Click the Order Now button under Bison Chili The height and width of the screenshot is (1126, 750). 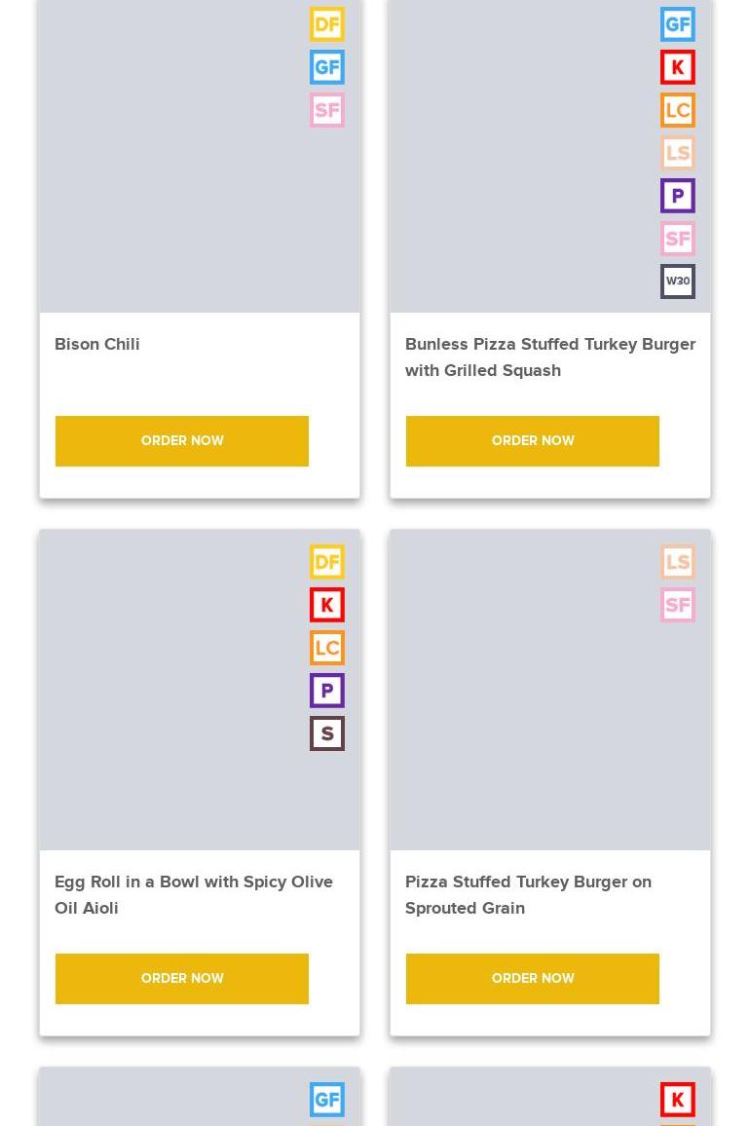click(182, 441)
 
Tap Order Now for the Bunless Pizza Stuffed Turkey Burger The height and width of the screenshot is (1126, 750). click(533, 441)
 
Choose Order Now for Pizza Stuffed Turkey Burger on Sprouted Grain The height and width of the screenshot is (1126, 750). click(533, 979)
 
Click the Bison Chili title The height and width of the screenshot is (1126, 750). click(97, 344)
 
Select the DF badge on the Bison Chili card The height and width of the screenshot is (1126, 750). click(327, 24)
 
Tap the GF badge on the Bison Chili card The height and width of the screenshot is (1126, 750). click(327, 67)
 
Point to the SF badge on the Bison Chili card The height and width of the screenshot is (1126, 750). click(327, 110)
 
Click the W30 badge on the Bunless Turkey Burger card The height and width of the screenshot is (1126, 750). click(678, 281)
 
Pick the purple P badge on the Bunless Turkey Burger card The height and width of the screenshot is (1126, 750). click(678, 196)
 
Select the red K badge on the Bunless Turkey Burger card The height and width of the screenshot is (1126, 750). click(678, 67)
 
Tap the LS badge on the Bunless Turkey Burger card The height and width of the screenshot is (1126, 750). click(678, 153)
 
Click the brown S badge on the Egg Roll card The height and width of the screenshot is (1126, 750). click(327, 733)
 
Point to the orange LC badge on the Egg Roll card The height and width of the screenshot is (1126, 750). click(327, 648)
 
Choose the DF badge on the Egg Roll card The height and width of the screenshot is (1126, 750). click(327, 562)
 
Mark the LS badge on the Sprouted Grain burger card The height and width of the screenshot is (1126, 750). click(678, 562)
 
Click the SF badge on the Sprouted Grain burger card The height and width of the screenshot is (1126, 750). click(678, 605)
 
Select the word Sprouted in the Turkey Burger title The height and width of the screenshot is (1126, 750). click(439, 909)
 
